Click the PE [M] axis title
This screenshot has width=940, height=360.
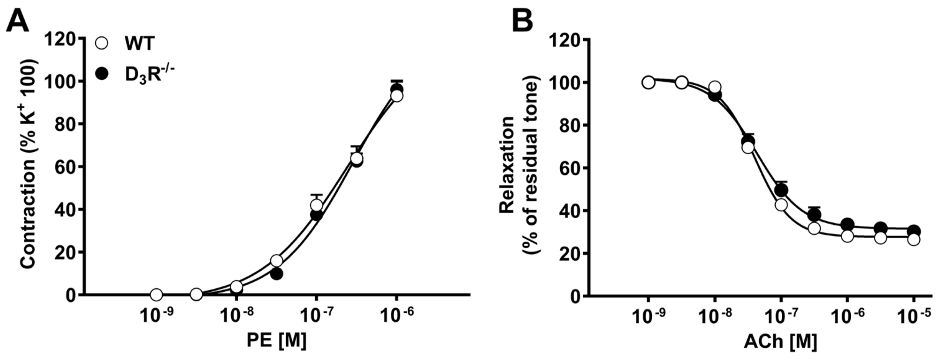pos(276,340)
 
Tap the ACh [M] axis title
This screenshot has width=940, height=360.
pos(781,341)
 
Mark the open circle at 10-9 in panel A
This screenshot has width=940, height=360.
pos(156,295)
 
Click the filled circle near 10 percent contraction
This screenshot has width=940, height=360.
pos(276,274)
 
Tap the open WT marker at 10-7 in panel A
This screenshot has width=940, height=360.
pos(316,205)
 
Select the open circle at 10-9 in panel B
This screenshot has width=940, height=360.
pos(649,82)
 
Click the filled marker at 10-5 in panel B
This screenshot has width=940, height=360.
pos(914,231)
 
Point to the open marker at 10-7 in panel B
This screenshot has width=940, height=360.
pos(781,205)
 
